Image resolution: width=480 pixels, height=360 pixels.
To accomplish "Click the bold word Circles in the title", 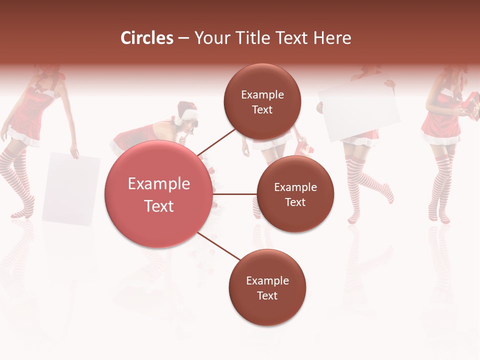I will [x=147, y=38].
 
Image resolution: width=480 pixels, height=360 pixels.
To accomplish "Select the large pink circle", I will [x=158, y=194].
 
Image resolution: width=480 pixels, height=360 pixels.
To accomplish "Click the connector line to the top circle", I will [x=216, y=142].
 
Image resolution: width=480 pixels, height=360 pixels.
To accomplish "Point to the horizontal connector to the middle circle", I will [x=235, y=194].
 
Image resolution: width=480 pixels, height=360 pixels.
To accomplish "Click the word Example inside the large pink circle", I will [x=158, y=184].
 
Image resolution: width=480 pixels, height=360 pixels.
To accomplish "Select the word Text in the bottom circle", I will [x=267, y=295].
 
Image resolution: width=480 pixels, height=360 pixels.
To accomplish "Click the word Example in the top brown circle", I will [x=262, y=94].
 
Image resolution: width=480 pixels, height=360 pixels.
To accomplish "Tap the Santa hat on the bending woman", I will [x=187, y=111].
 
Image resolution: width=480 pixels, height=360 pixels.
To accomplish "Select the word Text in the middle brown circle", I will [x=295, y=202].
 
